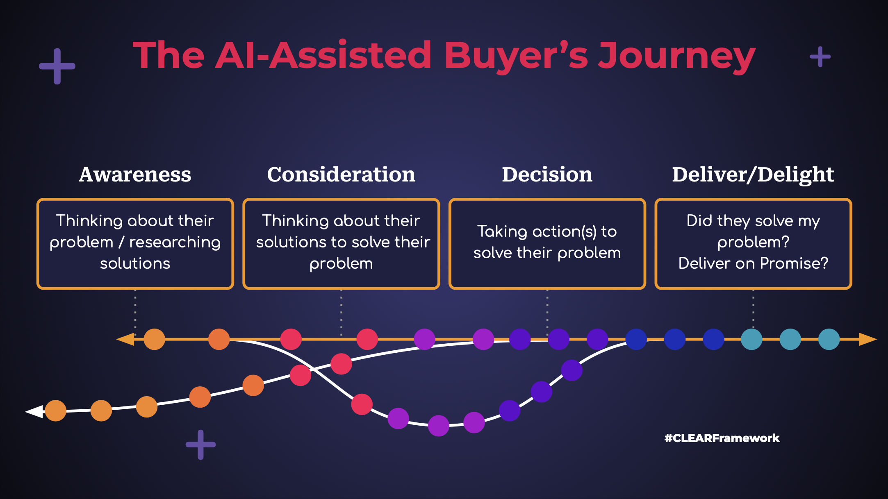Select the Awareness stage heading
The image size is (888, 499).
(x=135, y=175)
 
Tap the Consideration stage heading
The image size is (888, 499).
(x=341, y=175)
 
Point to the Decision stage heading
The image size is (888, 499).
(x=547, y=175)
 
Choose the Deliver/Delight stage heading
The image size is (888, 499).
(x=753, y=175)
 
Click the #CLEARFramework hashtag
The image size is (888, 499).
(x=722, y=438)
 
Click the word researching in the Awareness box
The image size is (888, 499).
(x=175, y=243)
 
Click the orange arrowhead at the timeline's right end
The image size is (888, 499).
(x=868, y=339)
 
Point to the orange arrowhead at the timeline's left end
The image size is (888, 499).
(x=125, y=339)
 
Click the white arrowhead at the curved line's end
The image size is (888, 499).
(x=34, y=411)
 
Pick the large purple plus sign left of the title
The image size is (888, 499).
(x=57, y=66)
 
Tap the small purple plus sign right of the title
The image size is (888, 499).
(x=820, y=57)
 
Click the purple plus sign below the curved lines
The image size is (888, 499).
(x=200, y=445)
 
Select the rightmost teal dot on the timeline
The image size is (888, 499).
(x=829, y=339)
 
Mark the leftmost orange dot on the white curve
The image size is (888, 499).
(x=56, y=411)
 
